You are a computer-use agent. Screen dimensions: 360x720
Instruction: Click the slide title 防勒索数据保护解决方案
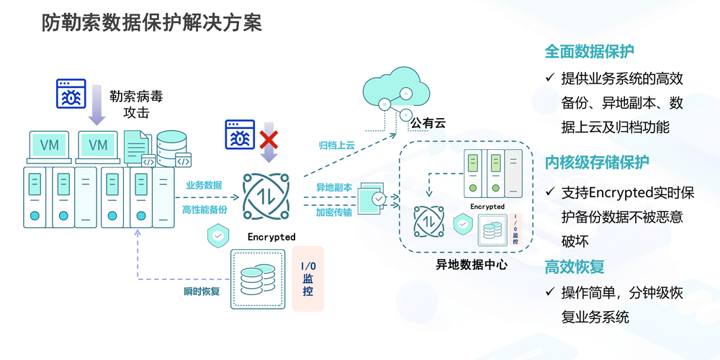point(150,23)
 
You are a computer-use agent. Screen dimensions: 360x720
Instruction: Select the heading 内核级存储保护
point(597,163)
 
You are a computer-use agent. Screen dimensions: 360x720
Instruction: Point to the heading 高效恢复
point(574,267)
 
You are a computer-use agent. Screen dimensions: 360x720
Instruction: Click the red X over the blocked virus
point(269,138)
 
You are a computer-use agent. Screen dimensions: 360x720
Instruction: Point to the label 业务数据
point(204,185)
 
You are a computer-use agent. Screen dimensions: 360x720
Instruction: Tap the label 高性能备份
point(204,210)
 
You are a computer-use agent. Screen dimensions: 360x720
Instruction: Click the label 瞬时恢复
point(202,292)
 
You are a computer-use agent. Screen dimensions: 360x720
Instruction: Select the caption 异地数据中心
point(472,264)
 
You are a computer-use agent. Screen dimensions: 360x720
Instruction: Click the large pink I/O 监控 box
point(307,279)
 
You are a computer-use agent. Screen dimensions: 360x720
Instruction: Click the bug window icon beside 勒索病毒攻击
point(71,94)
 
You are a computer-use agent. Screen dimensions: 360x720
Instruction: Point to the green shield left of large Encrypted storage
point(217,235)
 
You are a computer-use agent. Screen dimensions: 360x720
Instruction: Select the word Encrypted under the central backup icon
point(271,236)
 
